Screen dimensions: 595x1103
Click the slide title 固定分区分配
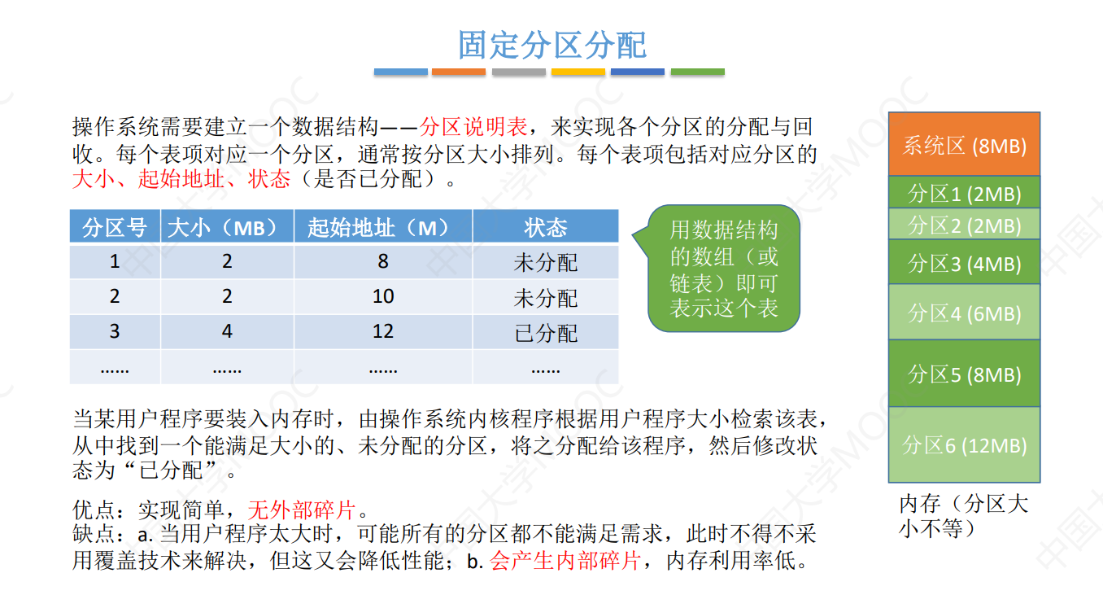pyautogui.click(x=551, y=45)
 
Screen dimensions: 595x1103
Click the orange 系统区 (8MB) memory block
pyautogui.click(x=964, y=145)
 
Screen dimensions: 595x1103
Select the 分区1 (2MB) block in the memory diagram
pyautogui.click(x=964, y=193)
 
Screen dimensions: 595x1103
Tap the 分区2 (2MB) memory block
pyautogui.click(x=964, y=224)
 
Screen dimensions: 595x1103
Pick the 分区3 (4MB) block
pyautogui.click(x=964, y=262)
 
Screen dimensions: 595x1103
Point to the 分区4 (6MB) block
pyautogui.click(x=964, y=312)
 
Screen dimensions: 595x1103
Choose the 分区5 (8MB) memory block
pyautogui.click(x=964, y=374)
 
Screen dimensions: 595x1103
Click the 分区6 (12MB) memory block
pyautogui.click(x=964, y=444)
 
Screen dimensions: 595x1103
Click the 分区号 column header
pyautogui.click(x=115, y=227)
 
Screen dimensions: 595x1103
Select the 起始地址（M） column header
pyautogui.click(x=382, y=227)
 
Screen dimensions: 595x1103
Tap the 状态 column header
pyautogui.click(x=545, y=227)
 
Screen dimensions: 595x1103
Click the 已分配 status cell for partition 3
pyautogui.click(x=545, y=332)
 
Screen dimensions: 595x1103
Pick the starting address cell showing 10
pyautogui.click(x=382, y=296)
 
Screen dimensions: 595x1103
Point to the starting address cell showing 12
pyautogui.click(x=382, y=332)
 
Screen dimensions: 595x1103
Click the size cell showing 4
pyautogui.click(x=227, y=332)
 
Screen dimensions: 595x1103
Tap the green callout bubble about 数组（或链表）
pyautogui.click(x=724, y=269)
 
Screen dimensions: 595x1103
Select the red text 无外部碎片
pyautogui.click(x=302, y=510)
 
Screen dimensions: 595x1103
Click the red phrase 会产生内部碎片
pyautogui.click(x=565, y=561)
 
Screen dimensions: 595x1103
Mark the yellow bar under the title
pyautogui.click(x=578, y=72)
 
